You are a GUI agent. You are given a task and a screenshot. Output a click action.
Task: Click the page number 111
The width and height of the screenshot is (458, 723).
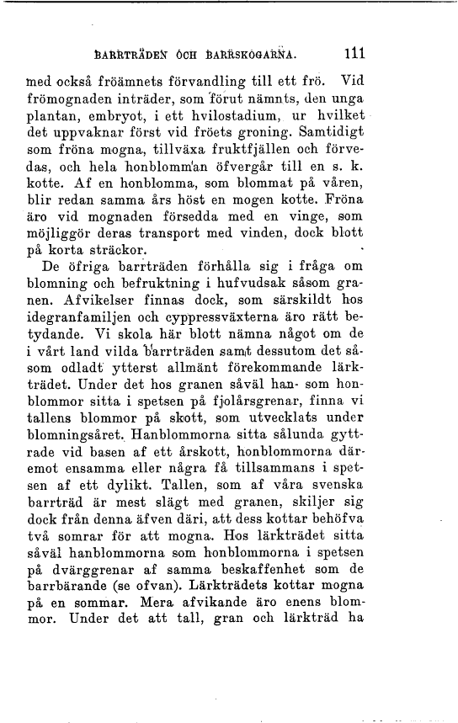[x=354, y=55]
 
